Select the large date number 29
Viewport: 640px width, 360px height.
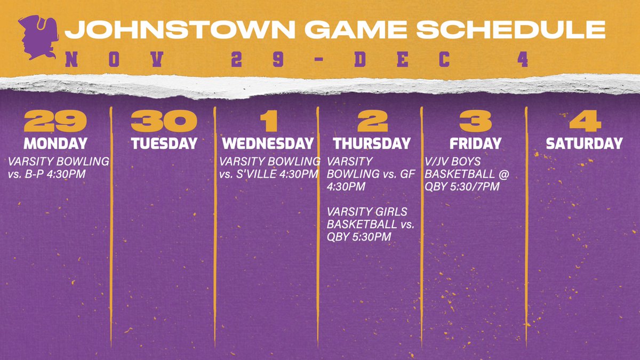click(x=55, y=122)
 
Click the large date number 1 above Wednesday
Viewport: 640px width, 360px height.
click(x=268, y=122)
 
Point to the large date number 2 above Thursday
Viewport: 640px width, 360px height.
click(x=372, y=122)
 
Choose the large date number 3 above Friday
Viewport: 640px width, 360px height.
click(x=475, y=122)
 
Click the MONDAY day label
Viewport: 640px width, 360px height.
click(x=55, y=143)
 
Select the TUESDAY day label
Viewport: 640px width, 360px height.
click(x=164, y=143)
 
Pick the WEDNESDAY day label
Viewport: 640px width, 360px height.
click(x=268, y=143)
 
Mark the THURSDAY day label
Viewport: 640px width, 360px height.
click(x=372, y=143)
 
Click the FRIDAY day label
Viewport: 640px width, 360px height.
click(x=475, y=143)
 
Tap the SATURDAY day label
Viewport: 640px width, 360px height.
click(x=584, y=143)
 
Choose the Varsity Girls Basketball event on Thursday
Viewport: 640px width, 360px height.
click(x=370, y=224)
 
